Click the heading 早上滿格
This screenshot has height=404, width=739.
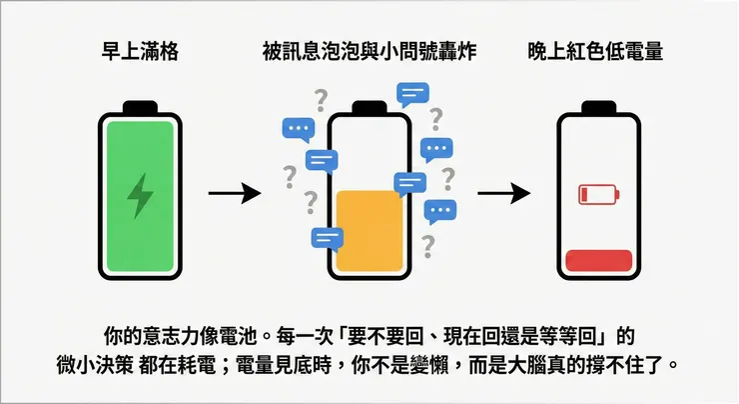tap(141, 51)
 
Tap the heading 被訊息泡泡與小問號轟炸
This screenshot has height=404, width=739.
tap(369, 51)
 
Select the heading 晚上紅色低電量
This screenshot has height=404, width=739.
tap(597, 51)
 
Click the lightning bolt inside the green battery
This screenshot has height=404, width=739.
tap(141, 196)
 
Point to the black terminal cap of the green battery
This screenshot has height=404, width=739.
tap(141, 106)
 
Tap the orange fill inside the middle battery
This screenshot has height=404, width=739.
tap(369, 230)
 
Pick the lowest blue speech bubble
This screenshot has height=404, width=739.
tap(327, 238)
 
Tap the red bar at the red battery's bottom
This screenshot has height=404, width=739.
tap(598, 261)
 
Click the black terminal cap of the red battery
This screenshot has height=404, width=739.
tap(598, 106)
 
